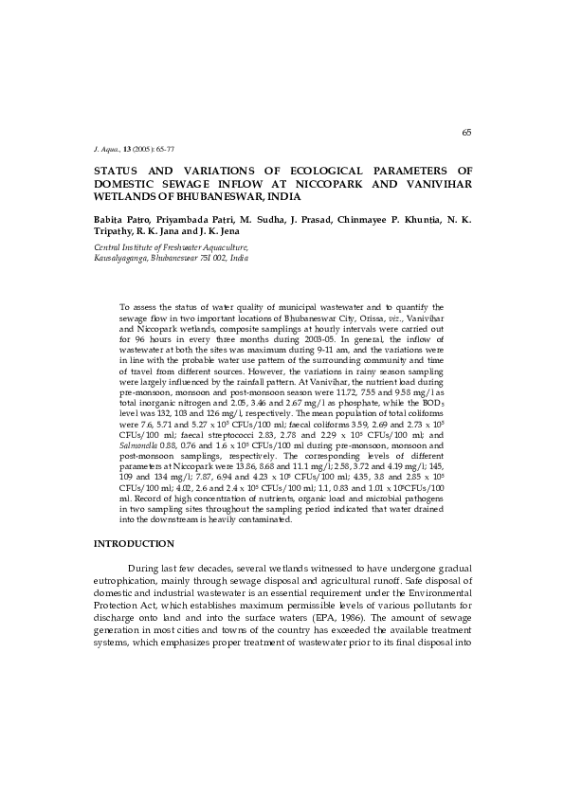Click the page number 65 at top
point(466,132)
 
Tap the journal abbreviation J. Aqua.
point(104,151)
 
